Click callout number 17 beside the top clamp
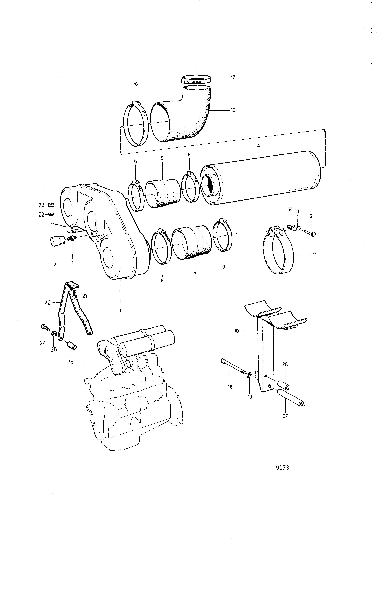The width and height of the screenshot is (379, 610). coord(233,77)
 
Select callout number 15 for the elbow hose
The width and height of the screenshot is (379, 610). coord(233,110)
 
